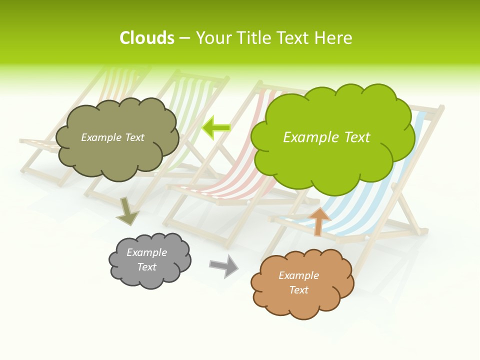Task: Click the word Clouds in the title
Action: tap(147, 38)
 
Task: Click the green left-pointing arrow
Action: tap(216, 127)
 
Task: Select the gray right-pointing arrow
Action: tap(224, 266)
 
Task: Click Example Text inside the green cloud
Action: tap(326, 137)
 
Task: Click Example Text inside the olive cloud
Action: tap(112, 137)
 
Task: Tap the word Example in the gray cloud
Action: tap(146, 252)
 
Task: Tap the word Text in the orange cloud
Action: tap(298, 290)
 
